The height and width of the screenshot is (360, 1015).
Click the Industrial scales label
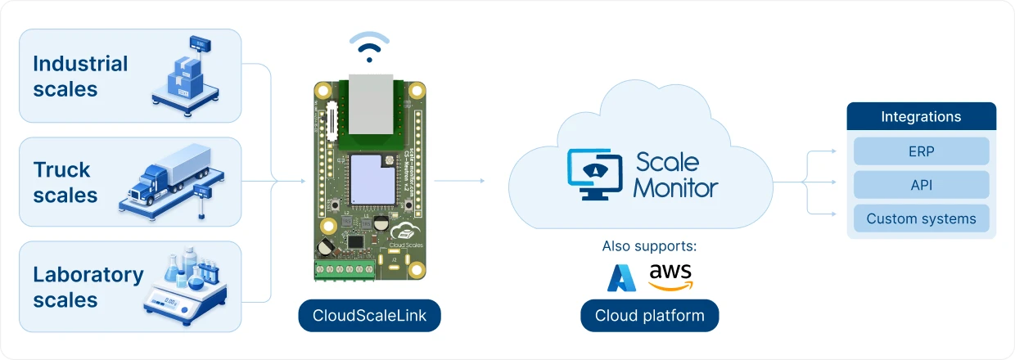click(80, 76)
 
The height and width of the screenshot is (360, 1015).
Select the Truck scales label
click(65, 182)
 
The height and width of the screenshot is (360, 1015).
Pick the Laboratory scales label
click(88, 287)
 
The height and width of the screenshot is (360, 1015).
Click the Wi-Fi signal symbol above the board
click(370, 47)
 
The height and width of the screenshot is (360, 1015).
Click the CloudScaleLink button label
click(369, 316)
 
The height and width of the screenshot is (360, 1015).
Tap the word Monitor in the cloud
click(675, 187)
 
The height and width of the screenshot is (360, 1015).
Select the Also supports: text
click(648, 245)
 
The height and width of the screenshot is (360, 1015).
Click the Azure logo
click(621, 278)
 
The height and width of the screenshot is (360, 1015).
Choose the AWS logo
click(670, 277)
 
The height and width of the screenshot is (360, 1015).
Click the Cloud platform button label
click(649, 316)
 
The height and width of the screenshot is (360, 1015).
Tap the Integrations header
click(921, 117)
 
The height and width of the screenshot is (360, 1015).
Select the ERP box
click(921, 151)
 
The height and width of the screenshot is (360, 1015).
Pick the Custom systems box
click(921, 218)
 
